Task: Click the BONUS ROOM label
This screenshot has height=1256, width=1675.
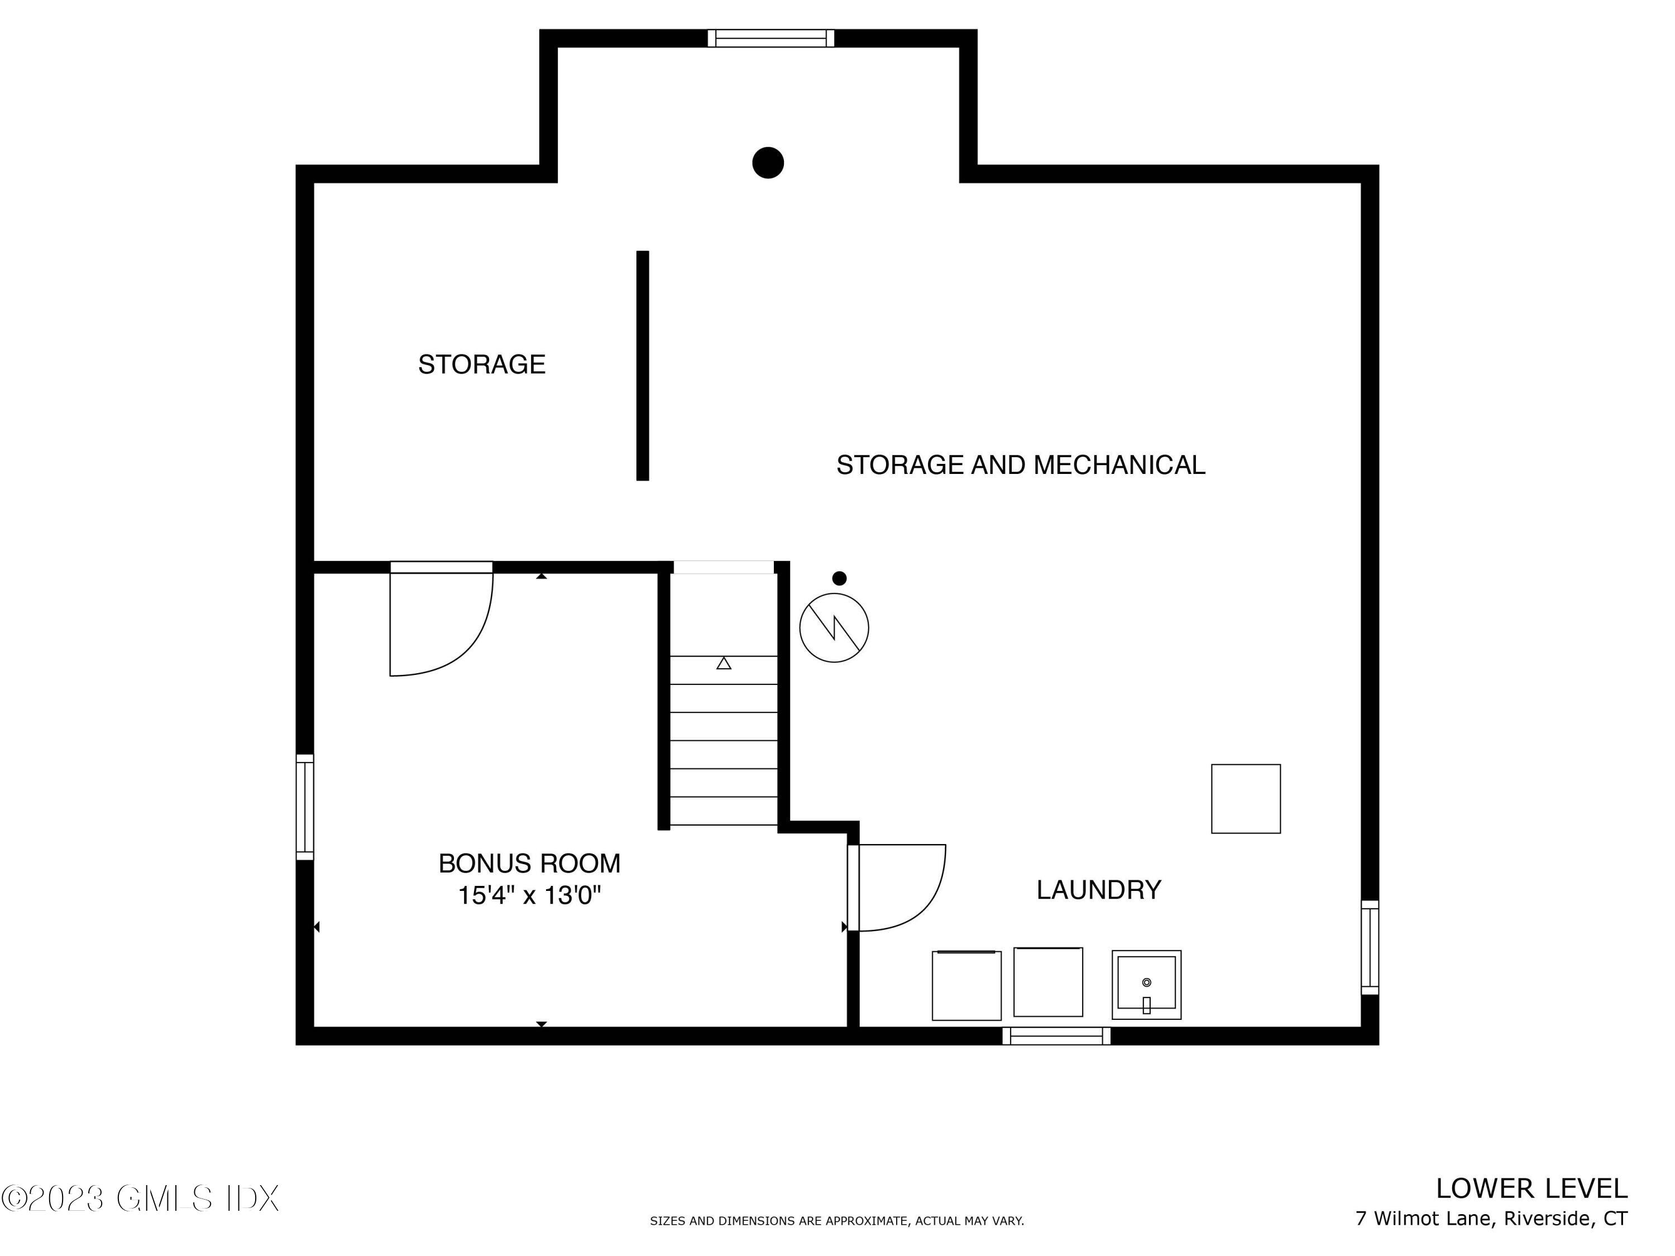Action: coord(529,863)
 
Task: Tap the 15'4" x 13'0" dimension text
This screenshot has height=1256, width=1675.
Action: coord(529,895)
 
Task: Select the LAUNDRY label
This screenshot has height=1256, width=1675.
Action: coord(1099,890)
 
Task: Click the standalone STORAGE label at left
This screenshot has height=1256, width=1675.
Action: coord(482,364)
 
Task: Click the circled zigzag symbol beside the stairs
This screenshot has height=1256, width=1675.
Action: coord(834,627)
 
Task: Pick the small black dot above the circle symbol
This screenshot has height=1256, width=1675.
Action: coord(839,578)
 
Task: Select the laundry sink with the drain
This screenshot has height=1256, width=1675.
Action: coord(1146,984)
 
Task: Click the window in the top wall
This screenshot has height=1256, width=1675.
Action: coord(771,38)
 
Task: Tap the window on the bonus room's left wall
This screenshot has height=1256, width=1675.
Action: coord(304,807)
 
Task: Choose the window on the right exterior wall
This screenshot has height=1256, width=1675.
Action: coord(1370,947)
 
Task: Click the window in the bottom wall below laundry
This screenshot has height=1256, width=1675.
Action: coord(1056,1036)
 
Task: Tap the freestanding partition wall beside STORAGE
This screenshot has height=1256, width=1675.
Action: coord(643,366)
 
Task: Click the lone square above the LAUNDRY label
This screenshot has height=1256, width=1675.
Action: coord(1246,799)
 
